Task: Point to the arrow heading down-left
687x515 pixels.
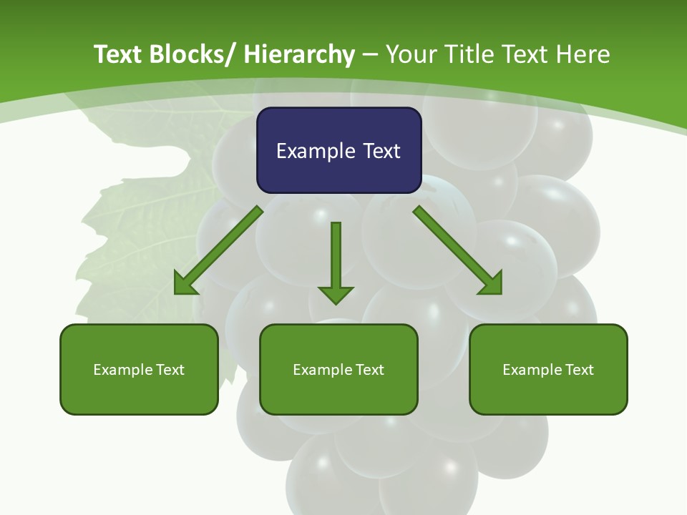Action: (218, 250)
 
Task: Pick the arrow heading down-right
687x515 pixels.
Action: (458, 250)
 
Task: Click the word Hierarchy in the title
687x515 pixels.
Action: (299, 54)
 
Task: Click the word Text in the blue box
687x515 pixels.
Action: (380, 152)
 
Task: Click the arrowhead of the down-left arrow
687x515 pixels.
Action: (185, 285)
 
